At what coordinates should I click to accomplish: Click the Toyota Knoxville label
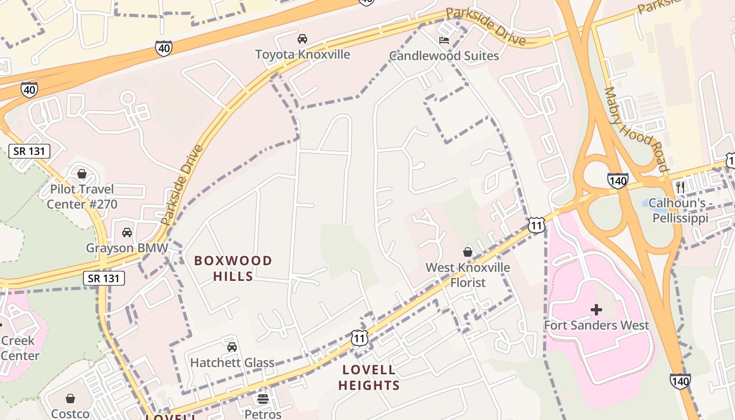pyautogui.click(x=302, y=55)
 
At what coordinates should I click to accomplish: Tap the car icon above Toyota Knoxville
pyautogui.click(x=302, y=38)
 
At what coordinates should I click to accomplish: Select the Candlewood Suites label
pyautogui.click(x=444, y=56)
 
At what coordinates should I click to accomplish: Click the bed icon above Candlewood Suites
pyautogui.click(x=444, y=40)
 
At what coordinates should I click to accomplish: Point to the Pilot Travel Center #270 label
pyautogui.click(x=82, y=196)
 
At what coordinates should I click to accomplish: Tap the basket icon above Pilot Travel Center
pyautogui.click(x=82, y=173)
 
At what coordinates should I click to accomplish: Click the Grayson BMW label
pyautogui.click(x=127, y=248)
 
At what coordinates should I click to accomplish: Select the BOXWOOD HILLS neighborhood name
pyautogui.click(x=233, y=268)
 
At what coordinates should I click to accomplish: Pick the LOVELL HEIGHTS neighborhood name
pyautogui.click(x=369, y=377)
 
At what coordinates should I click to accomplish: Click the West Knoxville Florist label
pyautogui.click(x=467, y=275)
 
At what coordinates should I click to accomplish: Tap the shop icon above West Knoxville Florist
pyautogui.click(x=467, y=252)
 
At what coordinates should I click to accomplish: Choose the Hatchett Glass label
pyautogui.click(x=232, y=363)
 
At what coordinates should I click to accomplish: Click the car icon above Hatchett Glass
pyautogui.click(x=232, y=346)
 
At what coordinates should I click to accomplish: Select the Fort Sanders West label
pyautogui.click(x=596, y=325)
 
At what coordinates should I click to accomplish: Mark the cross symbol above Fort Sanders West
pyautogui.click(x=596, y=310)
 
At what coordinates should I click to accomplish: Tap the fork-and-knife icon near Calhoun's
pyautogui.click(x=680, y=186)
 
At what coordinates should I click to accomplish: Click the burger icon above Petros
pyautogui.click(x=263, y=399)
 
